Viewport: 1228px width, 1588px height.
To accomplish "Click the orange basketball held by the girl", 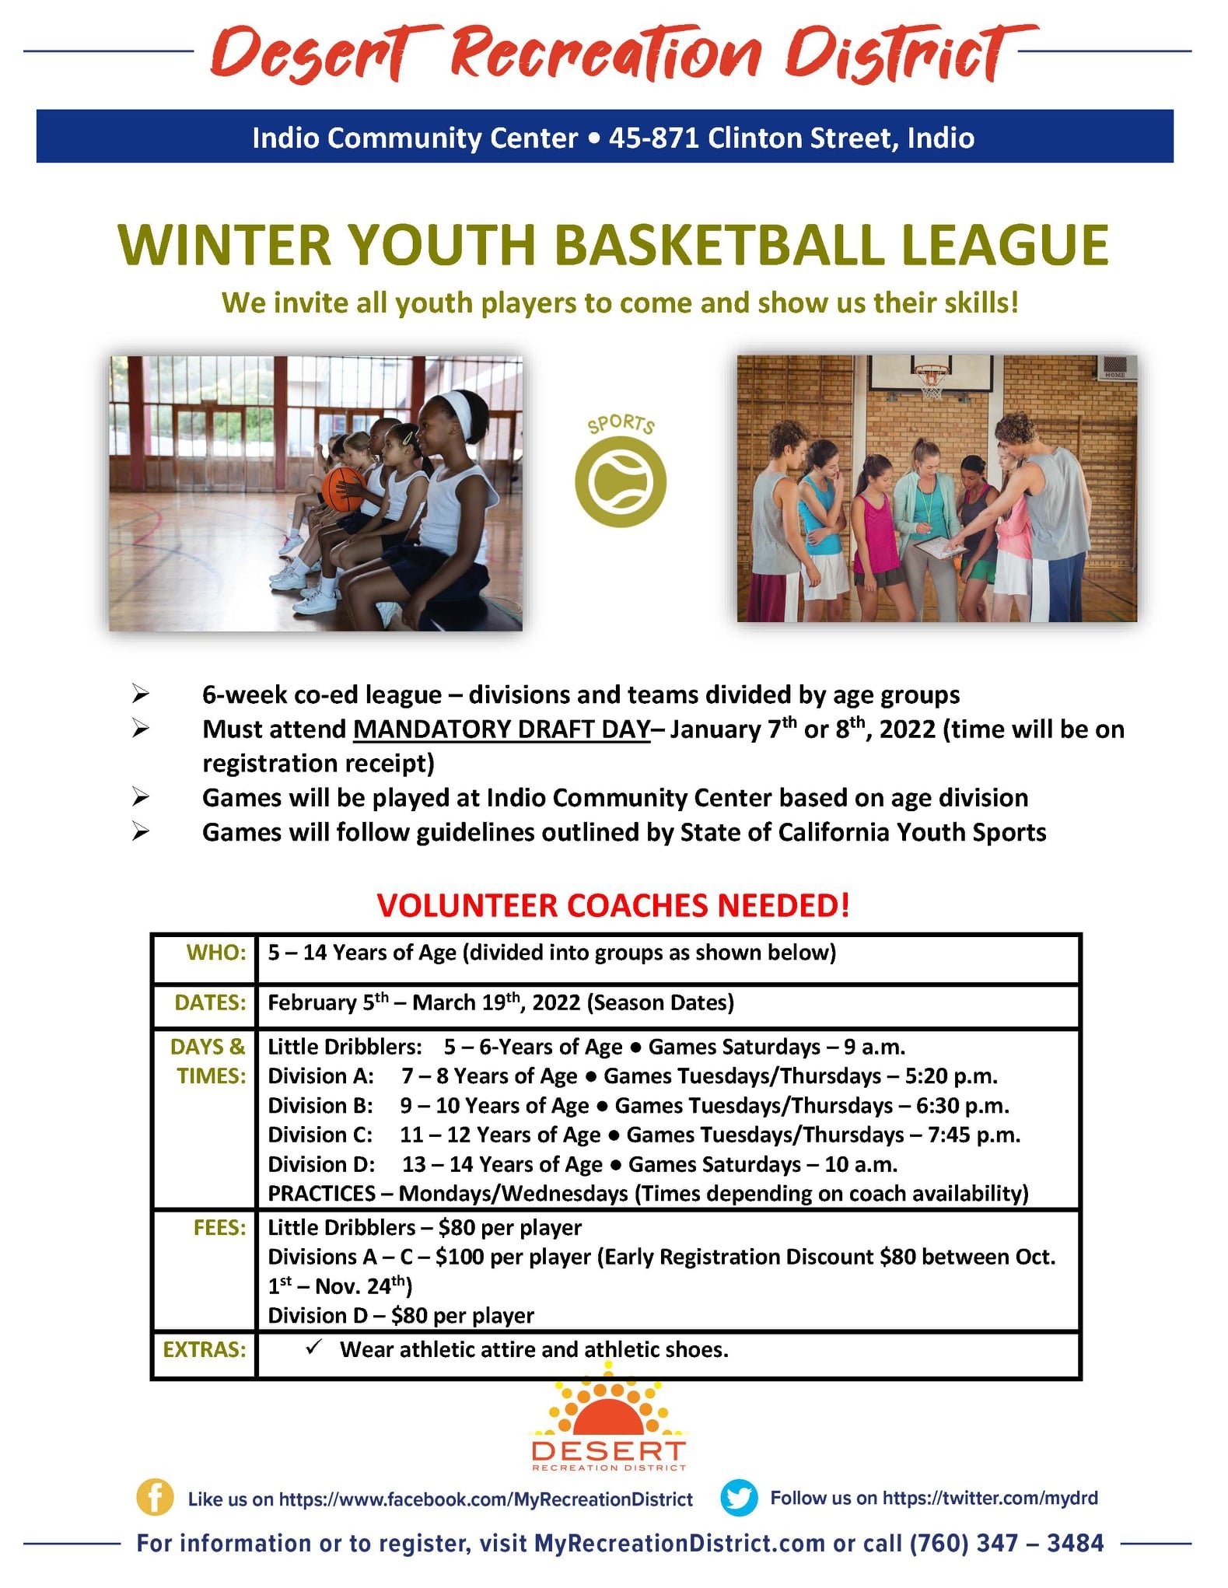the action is pyautogui.click(x=342, y=488).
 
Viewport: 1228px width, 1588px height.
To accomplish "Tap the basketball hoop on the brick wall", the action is pyautogui.click(x=931, y=380).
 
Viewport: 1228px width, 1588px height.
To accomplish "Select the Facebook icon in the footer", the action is pyautogui.click(x=155, y=1497).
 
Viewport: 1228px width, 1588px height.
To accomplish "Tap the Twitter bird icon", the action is pyautogui.click(x=739, y=1497).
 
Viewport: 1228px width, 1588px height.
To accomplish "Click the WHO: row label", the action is pyautogui.click(x=216, y=953).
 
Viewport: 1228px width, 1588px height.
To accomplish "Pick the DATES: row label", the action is pyautogui.click(x=210, y=1002).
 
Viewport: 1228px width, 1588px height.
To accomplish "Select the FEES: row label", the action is pyautogui.click(x=220, y=1227).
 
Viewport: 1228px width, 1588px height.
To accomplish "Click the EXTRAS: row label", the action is pyautogui.click(x=205, y=1349).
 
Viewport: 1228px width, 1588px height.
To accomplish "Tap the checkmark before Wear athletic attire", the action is pyautogui.click(x=314, y=1347).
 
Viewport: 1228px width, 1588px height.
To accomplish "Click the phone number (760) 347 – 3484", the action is pyautogui.click(x=1006, y=1543).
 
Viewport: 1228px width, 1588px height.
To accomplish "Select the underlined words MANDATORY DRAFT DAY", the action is pyautogui.click(x=502, y=729).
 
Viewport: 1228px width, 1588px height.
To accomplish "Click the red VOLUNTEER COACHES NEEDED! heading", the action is pyautogui.click(x=613, y=905).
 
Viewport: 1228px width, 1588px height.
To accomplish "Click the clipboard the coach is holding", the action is pyautogui.click(x=939, y=547).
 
